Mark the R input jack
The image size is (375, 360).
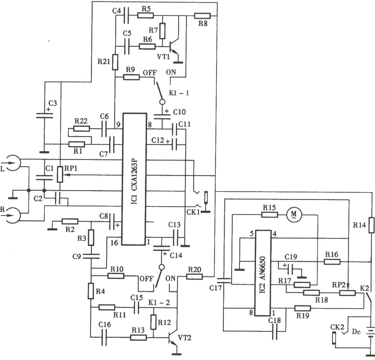tap(13, 214)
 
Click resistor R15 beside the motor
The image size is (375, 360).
tap(270, 215)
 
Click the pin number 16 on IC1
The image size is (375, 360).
tap(115, 242)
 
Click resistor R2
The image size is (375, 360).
tap(70, 221)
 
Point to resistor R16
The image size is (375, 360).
tap(332, 262)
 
